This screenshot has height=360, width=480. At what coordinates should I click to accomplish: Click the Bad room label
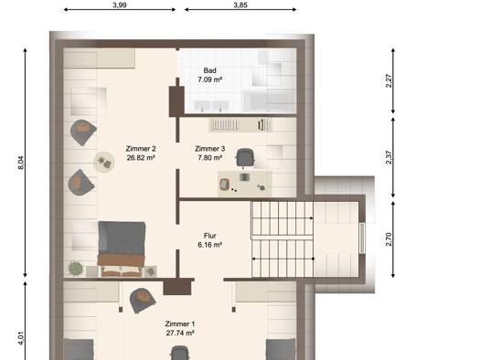pos(209,70)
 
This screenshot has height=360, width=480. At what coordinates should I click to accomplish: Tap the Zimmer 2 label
pos(141,149)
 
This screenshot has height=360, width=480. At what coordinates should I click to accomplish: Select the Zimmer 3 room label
pos(210,149)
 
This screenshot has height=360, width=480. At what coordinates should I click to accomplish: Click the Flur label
pos(210,236)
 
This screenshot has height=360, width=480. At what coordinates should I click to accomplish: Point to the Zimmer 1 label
pos(180,323)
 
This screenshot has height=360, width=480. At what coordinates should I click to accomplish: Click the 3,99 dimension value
pos(120,5)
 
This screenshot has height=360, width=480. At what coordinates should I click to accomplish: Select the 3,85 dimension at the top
pos(240,5)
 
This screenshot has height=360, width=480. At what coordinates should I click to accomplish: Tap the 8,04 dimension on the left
pos(20,163)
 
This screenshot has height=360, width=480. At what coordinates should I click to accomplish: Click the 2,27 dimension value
pos(389,81)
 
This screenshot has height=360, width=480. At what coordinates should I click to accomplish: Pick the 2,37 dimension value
pos(389,157)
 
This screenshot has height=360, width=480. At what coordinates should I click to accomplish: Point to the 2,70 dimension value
pos(389,239)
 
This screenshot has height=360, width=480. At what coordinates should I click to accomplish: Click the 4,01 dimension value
pos(20,338)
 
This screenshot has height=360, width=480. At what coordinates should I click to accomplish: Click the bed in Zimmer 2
pos(122,249)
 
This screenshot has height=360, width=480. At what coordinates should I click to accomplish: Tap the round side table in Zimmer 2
pos(104,162)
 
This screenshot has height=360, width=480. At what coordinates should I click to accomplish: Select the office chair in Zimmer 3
pos(245,158)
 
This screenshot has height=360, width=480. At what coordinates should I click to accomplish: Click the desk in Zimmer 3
pos(245,184)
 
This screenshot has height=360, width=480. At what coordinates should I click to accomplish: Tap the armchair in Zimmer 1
pos(143,301)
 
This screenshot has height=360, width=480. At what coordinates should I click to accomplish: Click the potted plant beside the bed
pos(75,269)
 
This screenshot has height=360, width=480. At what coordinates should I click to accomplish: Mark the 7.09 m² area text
pos(209,79)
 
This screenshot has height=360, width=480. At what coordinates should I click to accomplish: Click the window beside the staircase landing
pos(362,238)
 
